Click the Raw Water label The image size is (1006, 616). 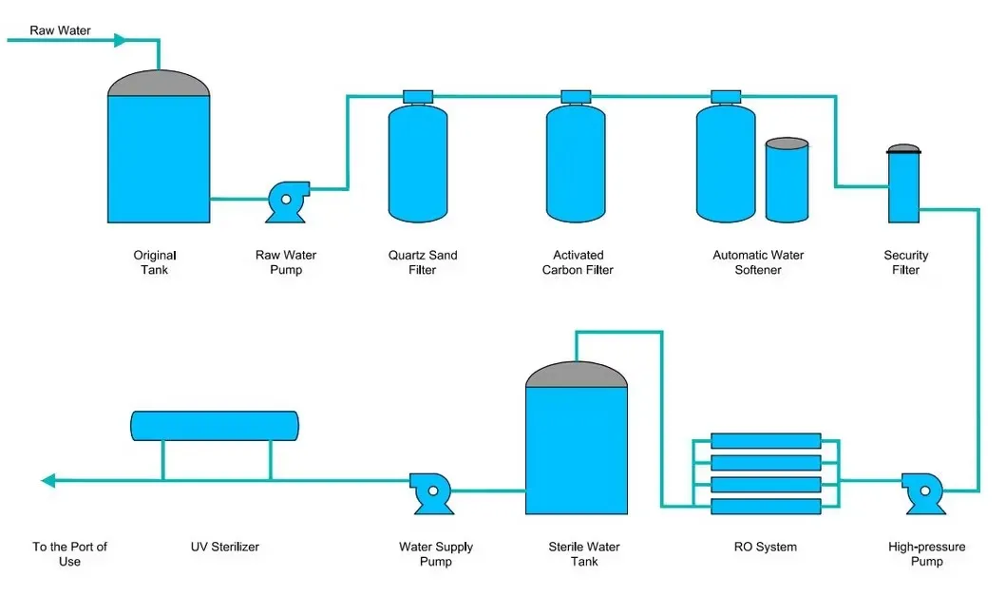(x=60, y=30)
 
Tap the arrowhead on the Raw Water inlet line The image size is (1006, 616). (x=120, y=40)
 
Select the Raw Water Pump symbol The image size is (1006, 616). (x=285, y=202)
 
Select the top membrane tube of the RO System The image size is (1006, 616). (x=766, y=441)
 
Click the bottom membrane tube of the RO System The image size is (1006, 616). (x=766, y=507)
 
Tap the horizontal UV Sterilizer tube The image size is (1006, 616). (x=215, y=426)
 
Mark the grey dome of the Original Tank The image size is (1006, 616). (x=159, y=84)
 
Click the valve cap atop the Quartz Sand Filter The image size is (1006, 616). (x=418, y=96)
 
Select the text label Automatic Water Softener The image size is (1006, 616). (x=758, y=262)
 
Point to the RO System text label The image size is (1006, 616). (x=766, y=547)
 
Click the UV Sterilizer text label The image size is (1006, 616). (x=224, y=547)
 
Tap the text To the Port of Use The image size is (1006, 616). (x=69, y=554)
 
